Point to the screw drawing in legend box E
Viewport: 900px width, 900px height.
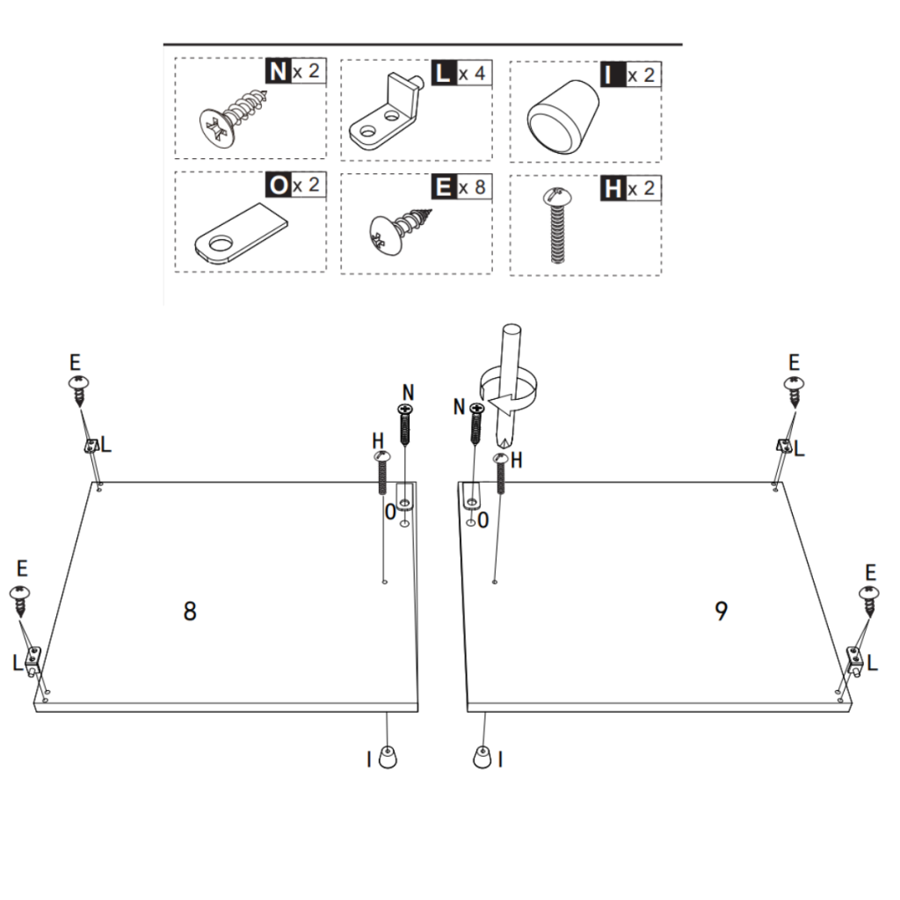coord(401,228)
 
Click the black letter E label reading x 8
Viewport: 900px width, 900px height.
coord(441,187)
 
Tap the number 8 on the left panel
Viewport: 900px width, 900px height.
coord(190,612)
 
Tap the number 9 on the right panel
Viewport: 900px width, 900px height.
coord(721,612)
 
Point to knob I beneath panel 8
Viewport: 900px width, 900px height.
coord(388,757)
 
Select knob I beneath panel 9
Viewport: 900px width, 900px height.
coord(482,757)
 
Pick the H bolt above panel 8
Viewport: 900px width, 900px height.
coord(381,472)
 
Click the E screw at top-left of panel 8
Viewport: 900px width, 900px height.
coord(80,388)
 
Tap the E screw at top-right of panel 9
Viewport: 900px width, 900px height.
coord(795,388)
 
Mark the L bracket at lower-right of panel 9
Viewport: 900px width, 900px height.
coord(853,657)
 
